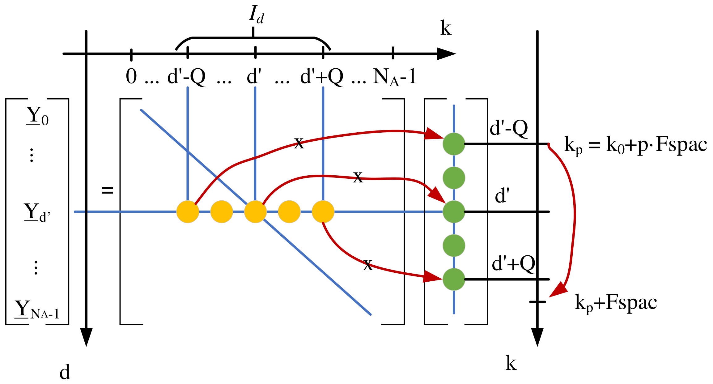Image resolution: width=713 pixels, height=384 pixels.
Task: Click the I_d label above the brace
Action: [256, 15]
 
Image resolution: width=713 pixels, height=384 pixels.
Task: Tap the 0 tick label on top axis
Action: [131, 76]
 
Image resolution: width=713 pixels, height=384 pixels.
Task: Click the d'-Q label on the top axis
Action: [186, 77]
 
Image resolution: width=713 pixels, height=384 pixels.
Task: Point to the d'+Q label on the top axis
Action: [322, 77]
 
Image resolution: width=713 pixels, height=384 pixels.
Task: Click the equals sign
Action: [107, 190]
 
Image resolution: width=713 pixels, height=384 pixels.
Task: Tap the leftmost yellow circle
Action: [188, 212]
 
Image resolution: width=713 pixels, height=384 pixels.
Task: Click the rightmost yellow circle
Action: [323, 212]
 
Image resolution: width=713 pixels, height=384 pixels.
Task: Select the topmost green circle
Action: [454, 144]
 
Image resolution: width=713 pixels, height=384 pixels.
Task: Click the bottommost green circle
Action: [454, 279]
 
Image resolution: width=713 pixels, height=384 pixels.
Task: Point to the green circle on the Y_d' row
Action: [454, 212]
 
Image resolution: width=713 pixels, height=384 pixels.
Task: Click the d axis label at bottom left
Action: [65, 372]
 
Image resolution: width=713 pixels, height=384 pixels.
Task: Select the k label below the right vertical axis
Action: [511, 363]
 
